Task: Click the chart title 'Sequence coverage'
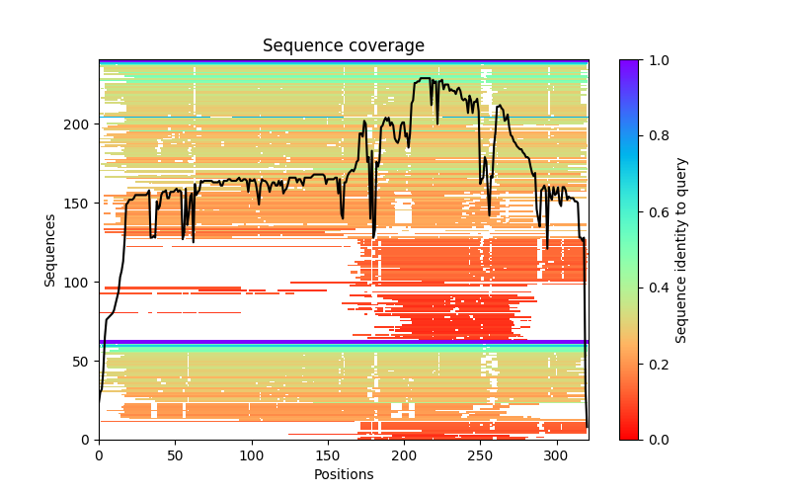(343, 45)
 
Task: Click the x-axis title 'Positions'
(343, 474)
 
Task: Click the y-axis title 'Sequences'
(49, 250)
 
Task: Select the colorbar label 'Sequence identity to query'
(681, 250)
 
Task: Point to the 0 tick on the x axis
(99, 455)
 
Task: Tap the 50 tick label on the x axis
(175, 455)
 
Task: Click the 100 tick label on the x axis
(252, 455)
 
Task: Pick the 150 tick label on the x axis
(328, 455)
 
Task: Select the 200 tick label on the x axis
(404, 455)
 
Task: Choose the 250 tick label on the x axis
(481, 455)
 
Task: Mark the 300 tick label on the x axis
(557, 455)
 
